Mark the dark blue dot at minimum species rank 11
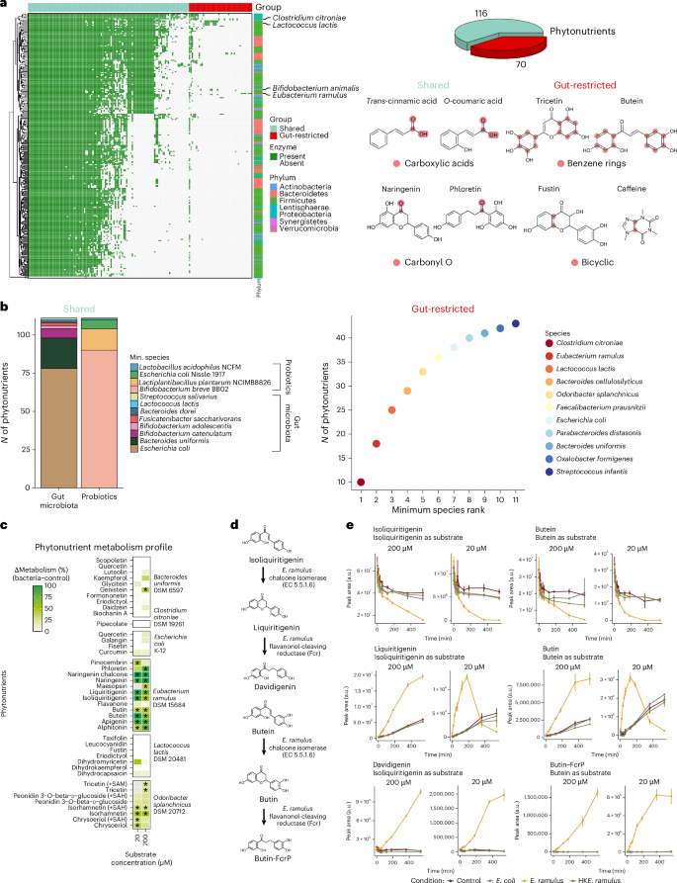[516, 322]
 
